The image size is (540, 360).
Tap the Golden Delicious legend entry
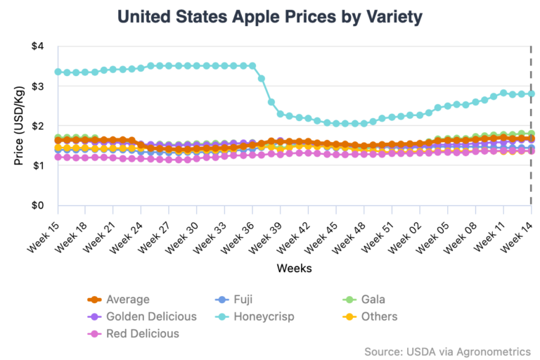point(151,316)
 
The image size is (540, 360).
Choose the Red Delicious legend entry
point(143,333)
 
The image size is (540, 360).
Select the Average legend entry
point(127,300)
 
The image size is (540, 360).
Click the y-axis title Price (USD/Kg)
point(19,127)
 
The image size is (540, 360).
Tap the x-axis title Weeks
point(294,268)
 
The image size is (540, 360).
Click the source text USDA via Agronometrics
point(447,351)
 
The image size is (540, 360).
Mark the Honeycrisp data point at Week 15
point(58,72)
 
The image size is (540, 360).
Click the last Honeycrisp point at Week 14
point(531,94)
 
